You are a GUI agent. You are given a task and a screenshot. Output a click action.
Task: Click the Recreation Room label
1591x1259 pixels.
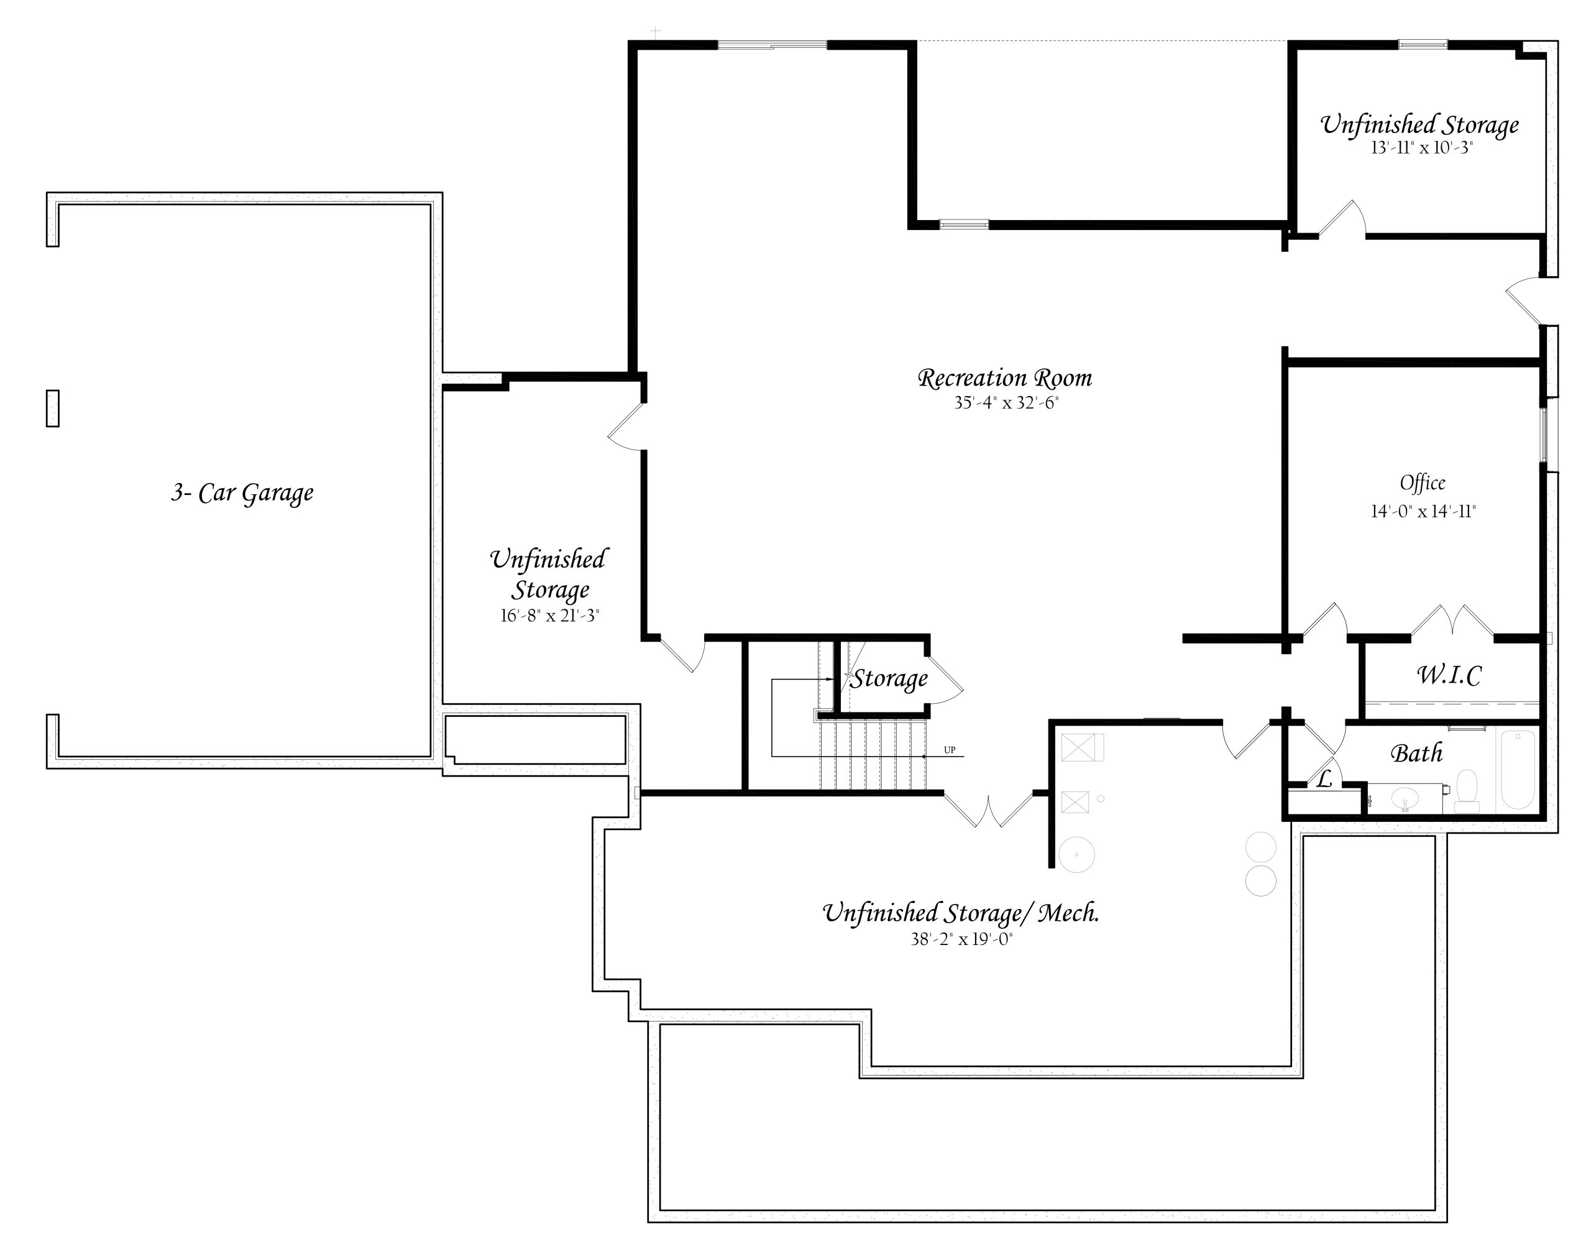pyautogui.click(x=1004, y=378)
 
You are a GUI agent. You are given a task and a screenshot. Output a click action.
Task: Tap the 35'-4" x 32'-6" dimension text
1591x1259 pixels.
pyautogui.click(x=1006, y=402)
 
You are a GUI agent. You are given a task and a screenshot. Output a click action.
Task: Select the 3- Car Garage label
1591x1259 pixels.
pyautogui.click(x=242, y=492)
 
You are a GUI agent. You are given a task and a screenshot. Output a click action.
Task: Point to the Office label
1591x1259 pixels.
pyautogui.click(x=1422, y=483)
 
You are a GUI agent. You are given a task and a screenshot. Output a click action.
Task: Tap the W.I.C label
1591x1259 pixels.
pyautogui.click(x=1449, y=675)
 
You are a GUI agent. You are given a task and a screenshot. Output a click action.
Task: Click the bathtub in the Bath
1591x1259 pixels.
pyautogui.click(x=1517, y=770)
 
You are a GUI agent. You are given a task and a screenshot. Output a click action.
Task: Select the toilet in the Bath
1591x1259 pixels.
pyautogui.click(x=1467, y=793)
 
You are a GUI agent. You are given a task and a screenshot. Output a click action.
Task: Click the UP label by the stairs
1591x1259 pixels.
pyautogui.click(x=950, y=750)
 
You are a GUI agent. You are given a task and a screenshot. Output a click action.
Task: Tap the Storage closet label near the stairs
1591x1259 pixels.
pyautogui.click(x=889, y=679)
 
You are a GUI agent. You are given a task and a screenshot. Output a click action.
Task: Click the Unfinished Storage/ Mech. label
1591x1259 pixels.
pyautogui.click(x=961, y=913)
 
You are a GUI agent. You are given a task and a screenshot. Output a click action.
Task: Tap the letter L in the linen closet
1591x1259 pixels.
pyautogui.click(x=1324, y=779)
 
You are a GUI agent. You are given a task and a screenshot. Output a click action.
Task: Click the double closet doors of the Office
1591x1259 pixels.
pyautogui.click(x=1452, y=620)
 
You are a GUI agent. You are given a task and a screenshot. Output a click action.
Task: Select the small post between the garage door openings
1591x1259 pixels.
pyautogui.click(x=52, y=408)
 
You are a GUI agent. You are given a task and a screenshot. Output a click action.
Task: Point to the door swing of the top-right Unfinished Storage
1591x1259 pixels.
pyautogui.click(x=1342, y=218)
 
